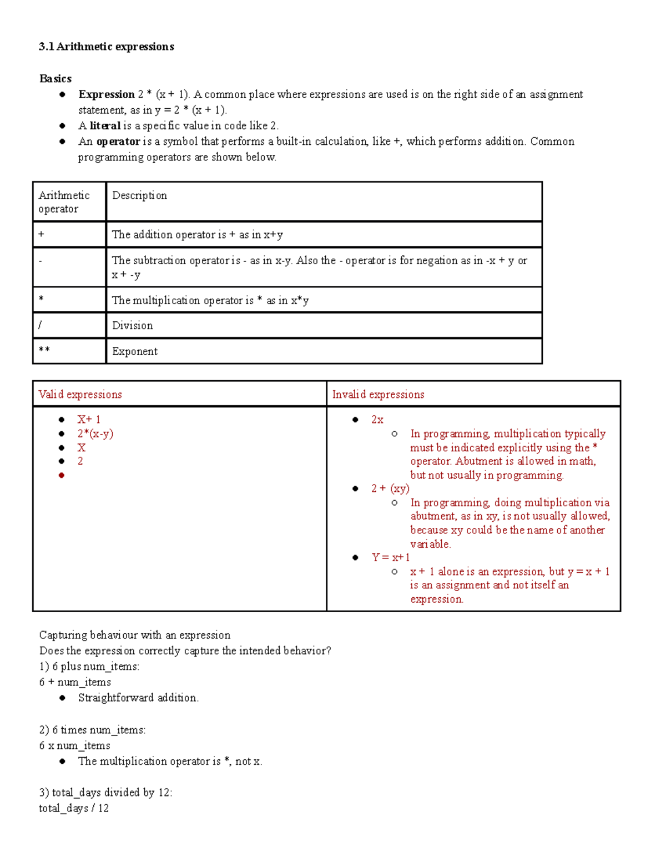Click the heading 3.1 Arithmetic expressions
click(107, 47)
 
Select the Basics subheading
click(56, 79)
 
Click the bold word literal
click(105, 126)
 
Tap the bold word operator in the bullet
click(118, 142)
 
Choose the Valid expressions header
click(80, 395)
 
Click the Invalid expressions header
click(378, 395)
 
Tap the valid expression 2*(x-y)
click(95, 434)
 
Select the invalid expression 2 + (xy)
click(390, 488)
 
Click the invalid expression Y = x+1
click(391, 557)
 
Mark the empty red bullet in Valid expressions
click(62, 475)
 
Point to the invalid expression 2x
click(377, 420)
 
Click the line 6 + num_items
click(75, 682)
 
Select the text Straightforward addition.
click(138, 698)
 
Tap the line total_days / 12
click(74, 808)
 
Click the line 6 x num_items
click(75, 745)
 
